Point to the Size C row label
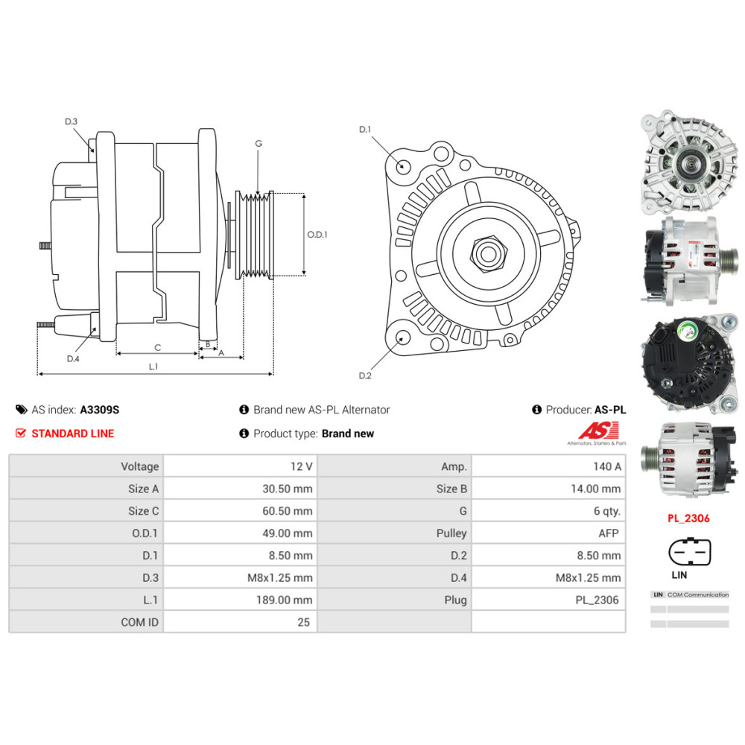(144, 511)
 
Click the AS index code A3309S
(100, 410)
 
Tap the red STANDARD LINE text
(73, 434)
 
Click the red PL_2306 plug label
(688, 519)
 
